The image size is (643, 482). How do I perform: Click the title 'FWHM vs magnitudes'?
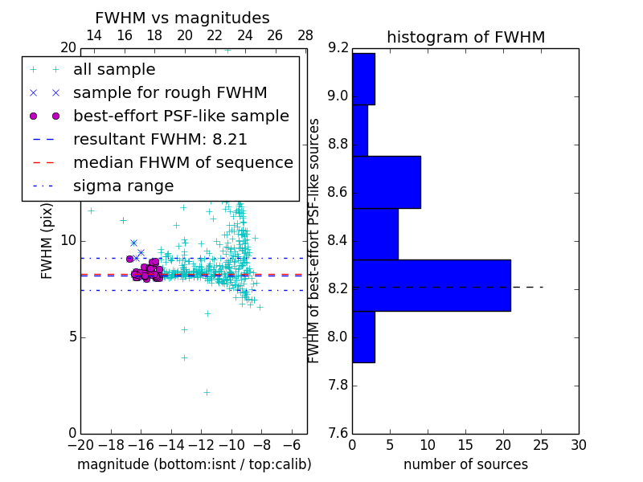pos(182,18)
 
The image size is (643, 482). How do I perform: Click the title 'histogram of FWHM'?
pos(465,37)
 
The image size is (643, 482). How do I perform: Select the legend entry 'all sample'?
pos(114,70)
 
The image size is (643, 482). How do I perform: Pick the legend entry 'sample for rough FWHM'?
pos(170,92)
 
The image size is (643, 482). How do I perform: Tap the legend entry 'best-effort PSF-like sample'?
pos(181,116)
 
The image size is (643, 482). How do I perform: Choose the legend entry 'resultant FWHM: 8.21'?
pos(160,139)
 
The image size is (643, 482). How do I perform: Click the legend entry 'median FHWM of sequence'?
pos(182,162)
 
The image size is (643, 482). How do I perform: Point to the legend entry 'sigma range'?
pos(123,186)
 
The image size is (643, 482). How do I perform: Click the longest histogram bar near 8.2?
pos(431,285)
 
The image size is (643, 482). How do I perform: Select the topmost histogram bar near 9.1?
pos(363,79)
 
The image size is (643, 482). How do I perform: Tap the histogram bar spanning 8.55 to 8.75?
pos(387,182)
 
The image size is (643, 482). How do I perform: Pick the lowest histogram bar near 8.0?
pos(363,337)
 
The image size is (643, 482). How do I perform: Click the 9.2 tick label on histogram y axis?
pos(338,48)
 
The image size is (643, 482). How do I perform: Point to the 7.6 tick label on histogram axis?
pos(338,433)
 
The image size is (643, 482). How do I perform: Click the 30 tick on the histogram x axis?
pos(578,445)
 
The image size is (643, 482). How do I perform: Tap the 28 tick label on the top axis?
pos(305,35)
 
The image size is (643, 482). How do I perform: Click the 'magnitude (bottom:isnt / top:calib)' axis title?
pos(194,464)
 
